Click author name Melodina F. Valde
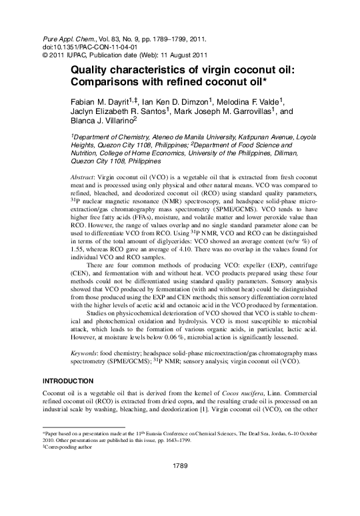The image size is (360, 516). tap(250, 102)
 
